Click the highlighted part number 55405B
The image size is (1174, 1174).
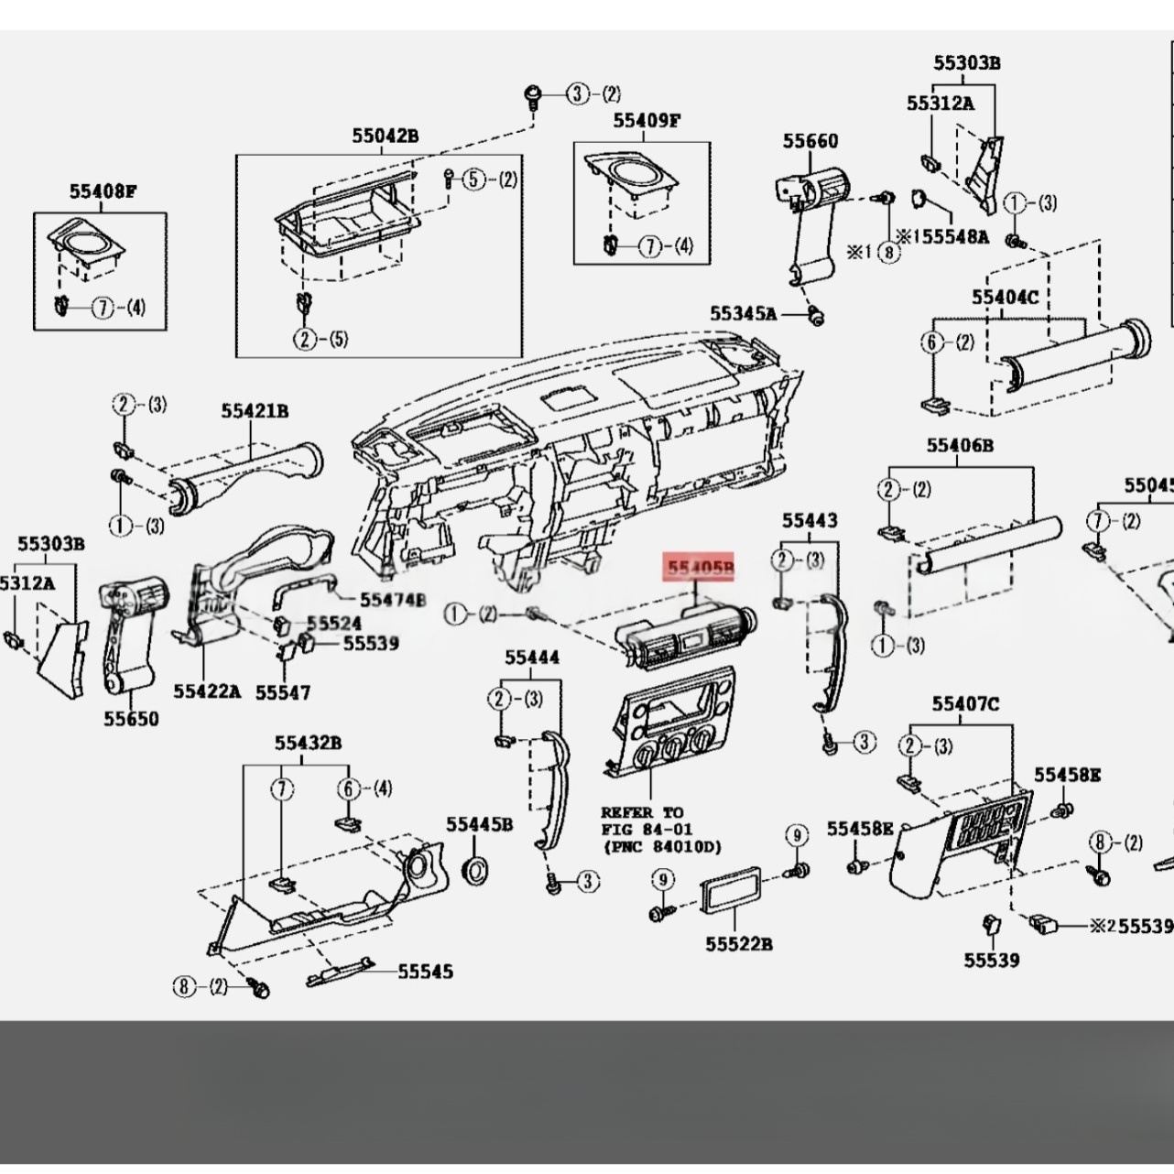click(x=701, y=570)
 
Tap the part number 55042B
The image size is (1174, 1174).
click(x=386, y=136)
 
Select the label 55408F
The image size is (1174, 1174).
click(x=103, y=191)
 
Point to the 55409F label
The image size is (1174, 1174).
click(x=647, y=121)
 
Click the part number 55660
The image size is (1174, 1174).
click(x=810, y=141)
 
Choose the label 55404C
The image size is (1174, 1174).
click(x=1005, y=297)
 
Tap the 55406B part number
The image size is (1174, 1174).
click(x=960, y=445)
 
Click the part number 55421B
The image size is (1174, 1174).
click(x=255, y=411)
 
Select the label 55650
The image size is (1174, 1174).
click(x=131, y=719)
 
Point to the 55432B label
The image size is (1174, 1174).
click(x=309, y=742)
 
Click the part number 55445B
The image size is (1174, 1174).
click(x=480, y=824)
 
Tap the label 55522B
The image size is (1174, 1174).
click(x=739, y=943)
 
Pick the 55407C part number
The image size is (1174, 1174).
click(x=966, y=703)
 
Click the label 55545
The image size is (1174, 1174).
click(x=425, y=972)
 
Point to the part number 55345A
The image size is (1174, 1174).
click(x=743, y=314)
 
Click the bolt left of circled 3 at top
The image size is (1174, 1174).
click(x=533, y=93)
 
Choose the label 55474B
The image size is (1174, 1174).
click(x=393, y=600)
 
